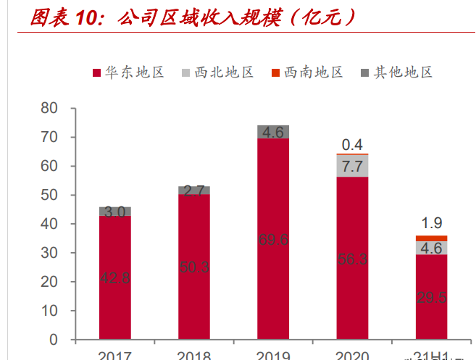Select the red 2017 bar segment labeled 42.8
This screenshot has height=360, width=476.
[x=115, y=277]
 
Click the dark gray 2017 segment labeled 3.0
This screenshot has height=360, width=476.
[x=115, y=211]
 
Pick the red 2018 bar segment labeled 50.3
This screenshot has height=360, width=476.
[x=194, y=267]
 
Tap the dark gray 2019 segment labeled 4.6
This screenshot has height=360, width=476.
[x=273, y=132]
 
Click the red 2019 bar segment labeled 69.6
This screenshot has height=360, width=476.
[x=273, y=239]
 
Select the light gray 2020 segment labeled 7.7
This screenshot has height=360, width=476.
[x=352, y=166]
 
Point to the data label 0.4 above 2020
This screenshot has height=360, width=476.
[x=352, y=144]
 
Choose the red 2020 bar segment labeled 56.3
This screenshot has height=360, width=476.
[x=352, y=258]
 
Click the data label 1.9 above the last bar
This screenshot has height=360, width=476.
[x=431, y=223]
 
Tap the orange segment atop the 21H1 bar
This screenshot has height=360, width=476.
[x=431, y=238]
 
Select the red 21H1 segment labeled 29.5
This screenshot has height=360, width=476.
[x=431, y=296]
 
